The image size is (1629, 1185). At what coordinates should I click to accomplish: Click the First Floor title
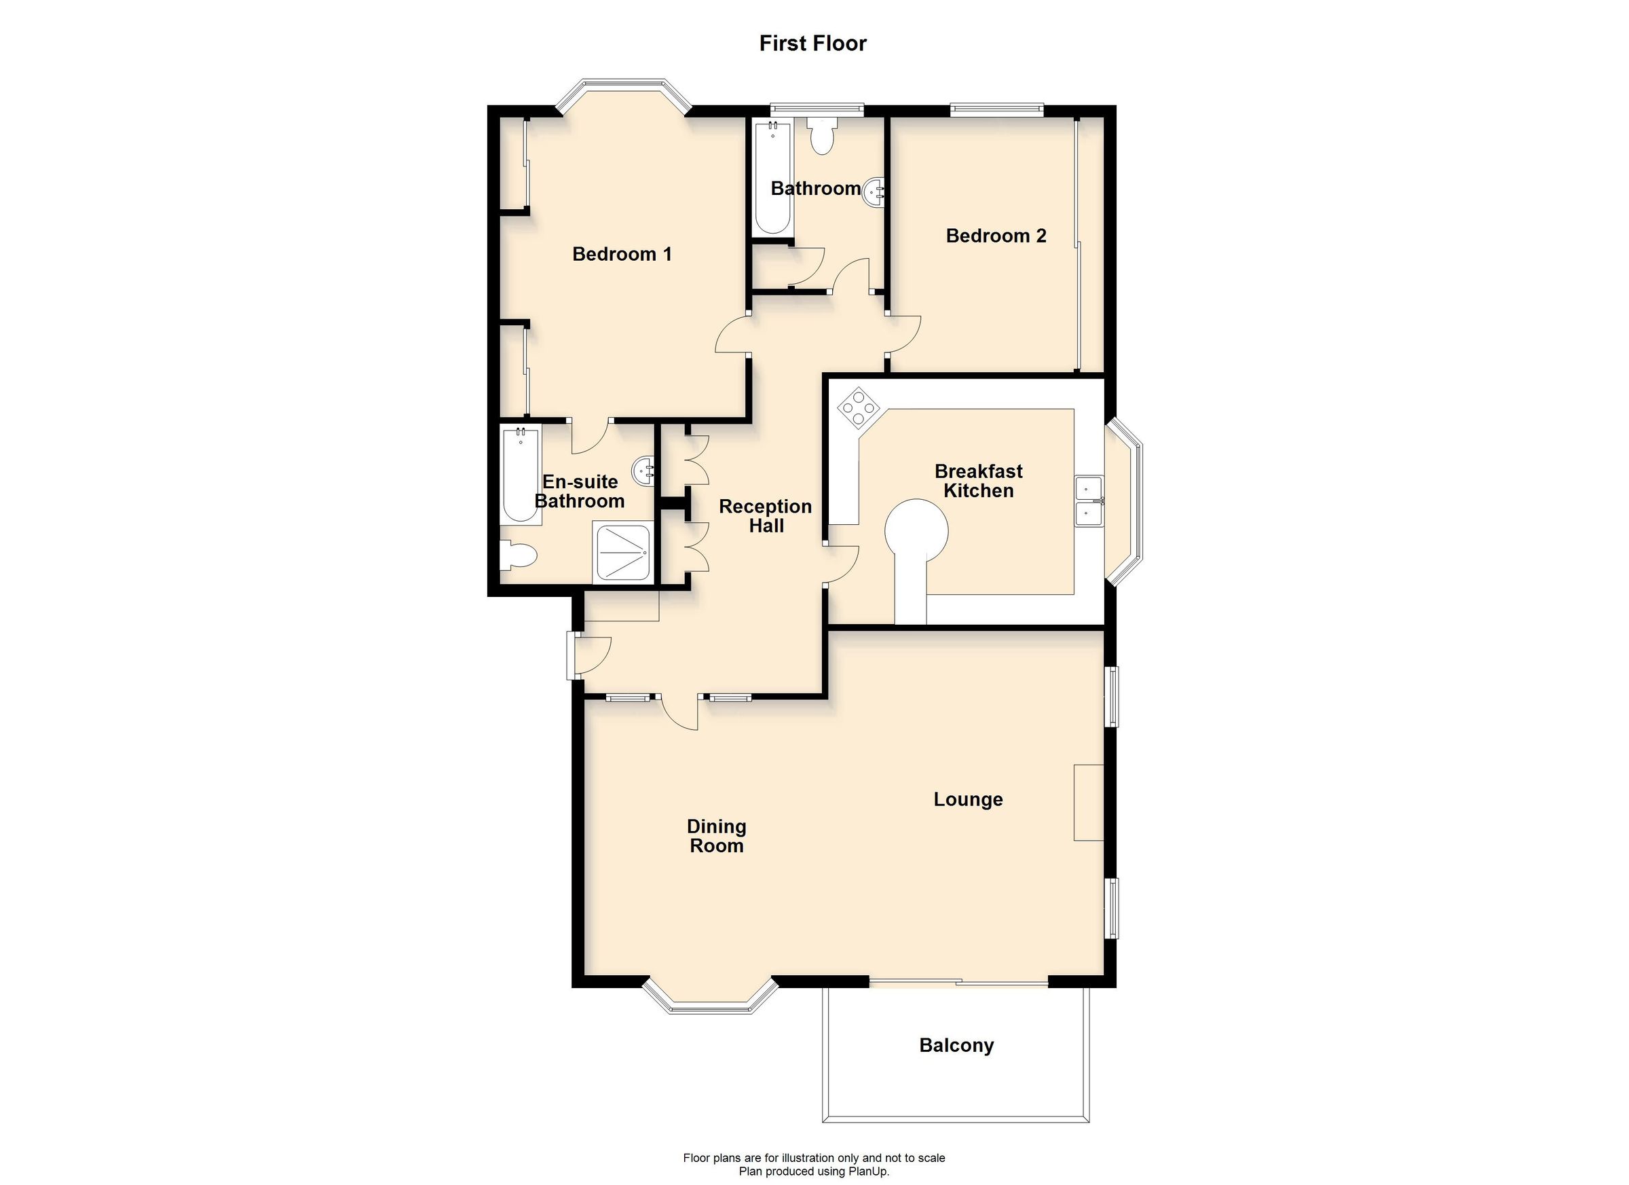[x=813, y=44]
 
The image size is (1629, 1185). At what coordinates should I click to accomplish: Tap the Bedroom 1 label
[x=622, y=254]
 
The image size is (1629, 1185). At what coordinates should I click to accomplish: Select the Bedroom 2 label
[x=996, y=236]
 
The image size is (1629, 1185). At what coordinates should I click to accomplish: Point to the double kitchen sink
[x=1089, y=502]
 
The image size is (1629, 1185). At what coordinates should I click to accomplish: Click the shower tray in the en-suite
[x=624, y=552]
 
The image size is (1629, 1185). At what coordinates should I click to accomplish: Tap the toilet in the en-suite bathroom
[x=519, y=555]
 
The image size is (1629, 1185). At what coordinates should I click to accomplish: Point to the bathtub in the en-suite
[x=521, y=476]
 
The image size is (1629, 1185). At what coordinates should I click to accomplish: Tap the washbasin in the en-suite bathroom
[x=643, y=471]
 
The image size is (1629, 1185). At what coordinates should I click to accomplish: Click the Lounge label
[x=967, y=799]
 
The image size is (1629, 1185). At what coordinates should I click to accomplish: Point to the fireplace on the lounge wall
[x=1088, y=802]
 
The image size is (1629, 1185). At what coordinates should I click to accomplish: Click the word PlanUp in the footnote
[x=869, y=1171]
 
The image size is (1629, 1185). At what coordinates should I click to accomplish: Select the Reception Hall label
[x=765, y=516]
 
